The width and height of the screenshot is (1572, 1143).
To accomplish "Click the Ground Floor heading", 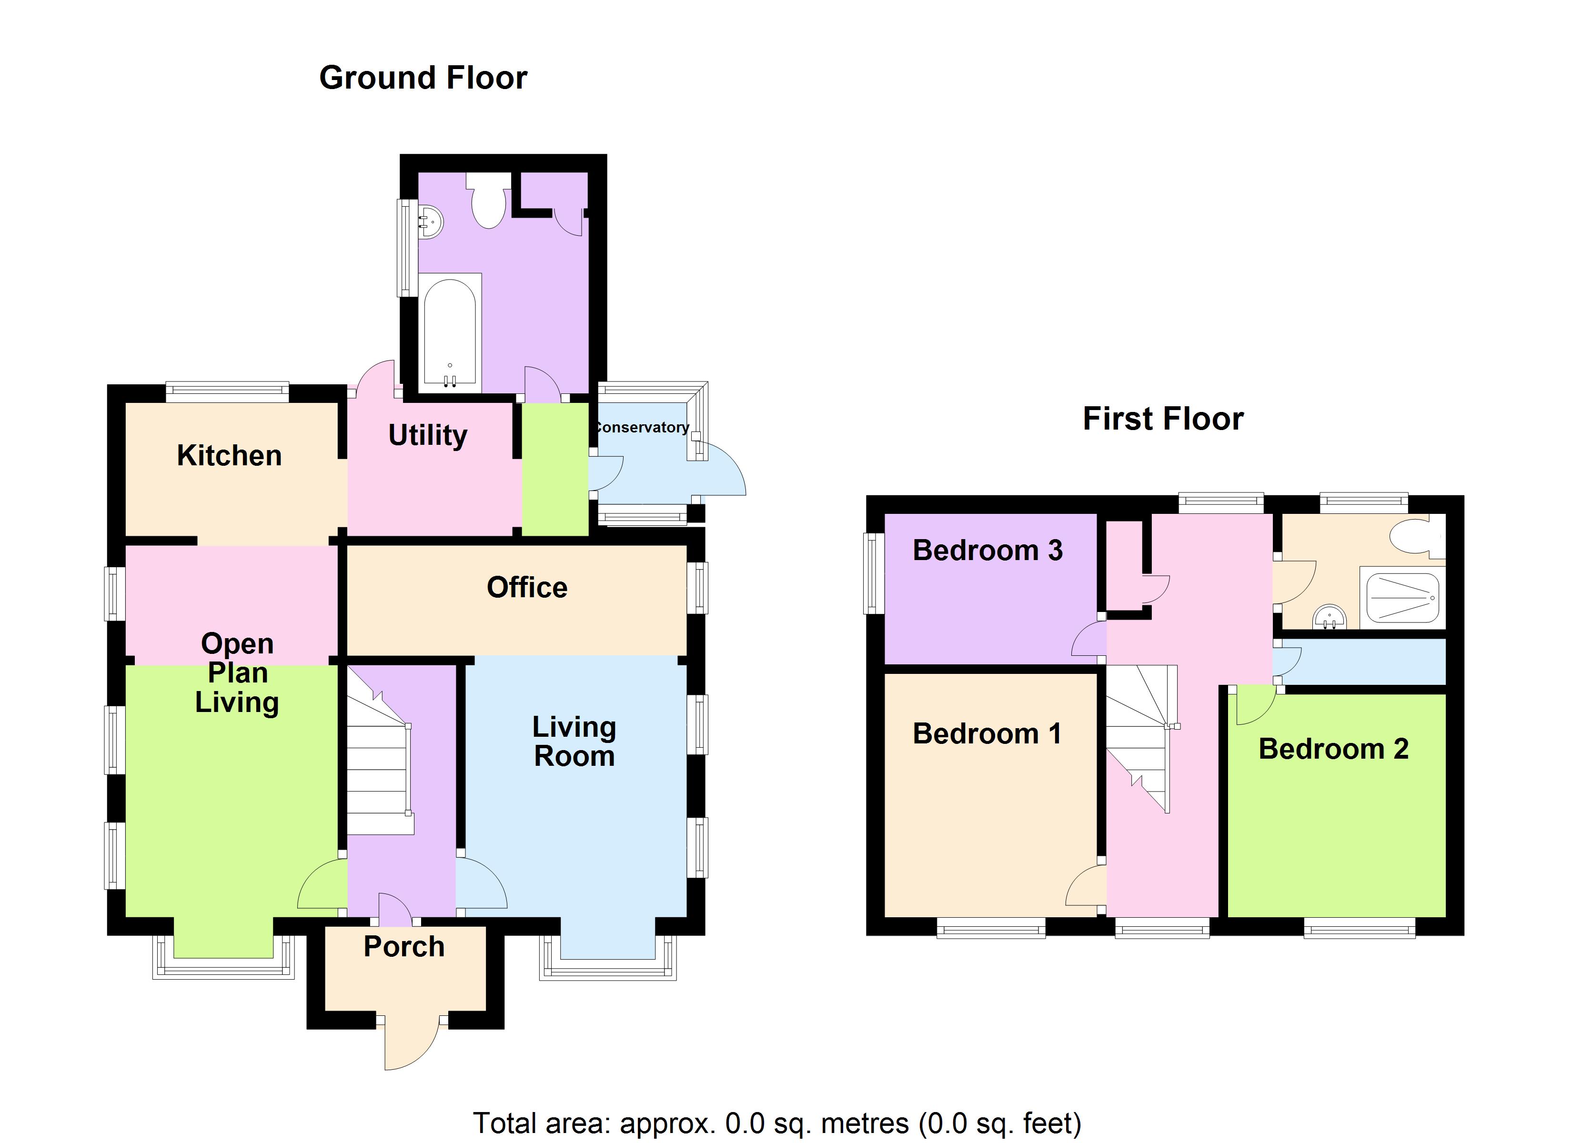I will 423,78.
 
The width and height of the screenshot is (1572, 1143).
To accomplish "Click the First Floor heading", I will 1163,419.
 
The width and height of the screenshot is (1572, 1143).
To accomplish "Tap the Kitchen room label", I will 230,455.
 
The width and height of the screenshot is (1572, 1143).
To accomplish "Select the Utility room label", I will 428,435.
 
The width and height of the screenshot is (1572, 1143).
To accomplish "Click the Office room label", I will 527,587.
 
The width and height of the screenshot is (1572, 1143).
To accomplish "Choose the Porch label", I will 404,946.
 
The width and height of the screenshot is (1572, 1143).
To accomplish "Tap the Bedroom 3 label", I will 987,551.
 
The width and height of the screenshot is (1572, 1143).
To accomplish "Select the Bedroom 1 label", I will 987,733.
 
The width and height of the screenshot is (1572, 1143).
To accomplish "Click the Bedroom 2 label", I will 1333,749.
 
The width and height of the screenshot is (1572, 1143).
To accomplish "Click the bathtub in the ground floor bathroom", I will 450,331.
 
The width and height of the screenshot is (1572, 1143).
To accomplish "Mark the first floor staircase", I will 1140,735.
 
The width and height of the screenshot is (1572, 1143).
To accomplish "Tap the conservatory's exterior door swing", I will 721,471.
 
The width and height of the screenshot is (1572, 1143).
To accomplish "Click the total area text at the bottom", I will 777,1123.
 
